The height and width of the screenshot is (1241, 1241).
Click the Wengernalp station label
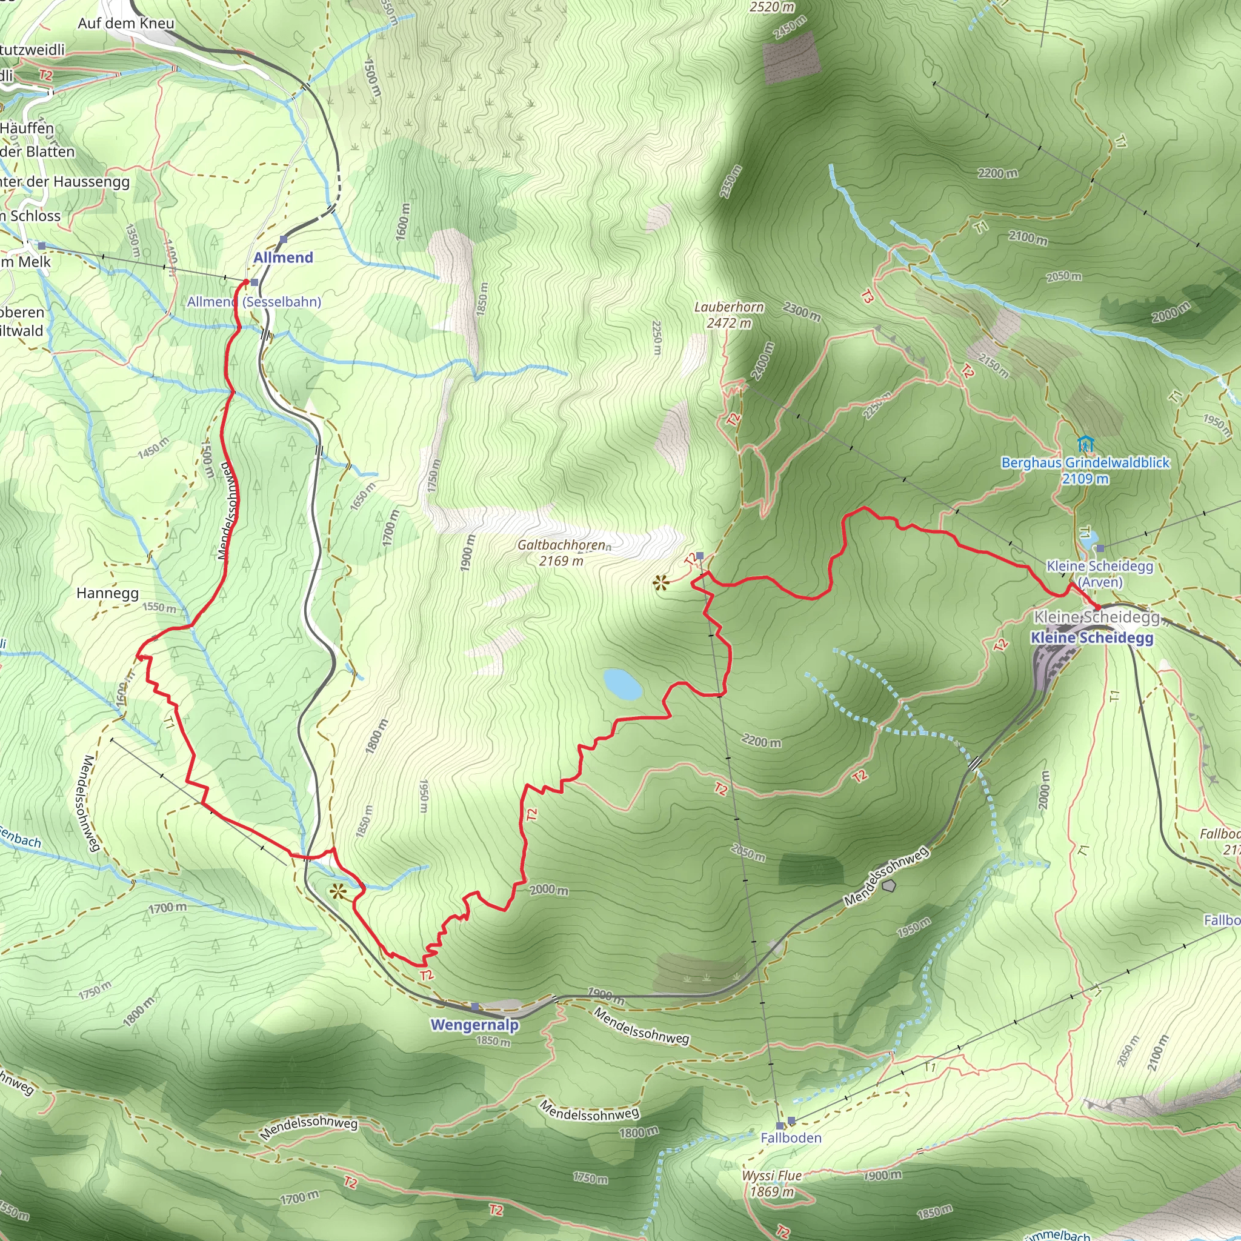click(x=474, y=1025)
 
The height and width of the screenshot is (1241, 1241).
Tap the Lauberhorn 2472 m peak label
click(x=729, y=314)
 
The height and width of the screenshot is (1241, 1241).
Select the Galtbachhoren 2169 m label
click(x=561, y=553)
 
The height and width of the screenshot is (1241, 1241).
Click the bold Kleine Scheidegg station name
click(x=1092, y=638)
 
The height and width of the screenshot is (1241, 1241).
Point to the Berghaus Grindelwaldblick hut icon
click(x=1085, y=443)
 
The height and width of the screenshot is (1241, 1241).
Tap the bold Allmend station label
click(x=283, y=258)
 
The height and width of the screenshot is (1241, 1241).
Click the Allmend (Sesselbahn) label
click(x=254, y=302)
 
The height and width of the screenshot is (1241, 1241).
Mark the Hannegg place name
click(x=107, y=593)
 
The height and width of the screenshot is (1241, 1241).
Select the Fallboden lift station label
click(x=791, y=1137)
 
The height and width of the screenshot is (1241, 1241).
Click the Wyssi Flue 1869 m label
click(x=772, y=1183)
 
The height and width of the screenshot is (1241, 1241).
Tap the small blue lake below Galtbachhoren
click(x=622, y=684)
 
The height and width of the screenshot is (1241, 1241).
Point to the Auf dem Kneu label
click(x=126, y=24)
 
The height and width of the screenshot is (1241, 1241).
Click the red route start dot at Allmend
click(x=245, y=282)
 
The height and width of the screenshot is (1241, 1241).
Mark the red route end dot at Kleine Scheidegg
click(x=1098, y=607)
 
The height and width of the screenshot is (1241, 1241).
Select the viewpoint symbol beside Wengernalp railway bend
click(x=338, y=891)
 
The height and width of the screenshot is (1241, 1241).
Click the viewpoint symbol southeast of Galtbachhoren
click(x=660, y=584)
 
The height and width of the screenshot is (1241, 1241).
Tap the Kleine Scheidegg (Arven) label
click(x=1100, y=574)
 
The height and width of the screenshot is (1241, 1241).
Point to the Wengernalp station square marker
click(x=474, y=1006)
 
